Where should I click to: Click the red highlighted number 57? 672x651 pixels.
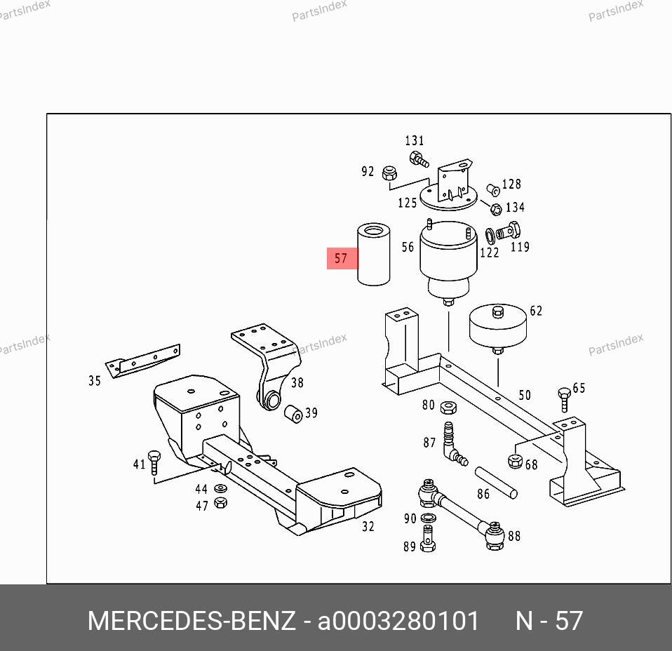(341, 258)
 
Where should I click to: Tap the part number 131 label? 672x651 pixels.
(415, 140)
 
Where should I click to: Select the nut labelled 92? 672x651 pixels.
(389, 173)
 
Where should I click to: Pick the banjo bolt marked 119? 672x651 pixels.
(509, 231)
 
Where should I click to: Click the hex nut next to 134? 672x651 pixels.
(496, 209)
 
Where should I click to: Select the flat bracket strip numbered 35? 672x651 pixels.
(142, 361)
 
